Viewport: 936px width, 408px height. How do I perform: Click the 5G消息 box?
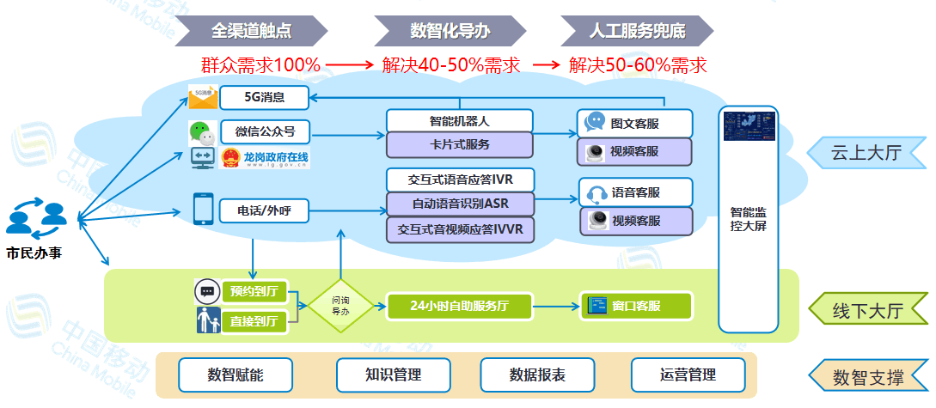pos(265,98)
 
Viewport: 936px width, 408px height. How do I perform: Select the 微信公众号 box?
pos(265,131)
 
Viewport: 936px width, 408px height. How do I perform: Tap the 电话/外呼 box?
pos(263,210)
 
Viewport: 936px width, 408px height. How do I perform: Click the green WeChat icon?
pos(200,132)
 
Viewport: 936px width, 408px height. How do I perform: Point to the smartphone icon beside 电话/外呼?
pos(203,209)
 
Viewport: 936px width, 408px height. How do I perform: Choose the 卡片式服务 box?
pos(460,144)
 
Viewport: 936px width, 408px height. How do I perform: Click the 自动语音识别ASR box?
pos(460,204)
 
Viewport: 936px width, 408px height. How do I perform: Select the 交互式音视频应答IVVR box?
pos(460,229)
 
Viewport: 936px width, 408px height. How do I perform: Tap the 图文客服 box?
pos(635,123)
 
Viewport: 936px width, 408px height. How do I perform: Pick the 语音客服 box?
pos(635,192)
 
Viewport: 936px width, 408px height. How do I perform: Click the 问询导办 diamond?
pos(341,305)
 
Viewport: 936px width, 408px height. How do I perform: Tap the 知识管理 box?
pos(394,375)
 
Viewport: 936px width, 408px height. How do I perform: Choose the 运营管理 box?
pos(688,375)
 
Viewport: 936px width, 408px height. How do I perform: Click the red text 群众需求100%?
pos(260,65)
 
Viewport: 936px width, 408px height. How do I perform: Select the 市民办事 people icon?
pos(35,219)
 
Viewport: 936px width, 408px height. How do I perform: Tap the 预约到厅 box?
pos(254,290)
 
